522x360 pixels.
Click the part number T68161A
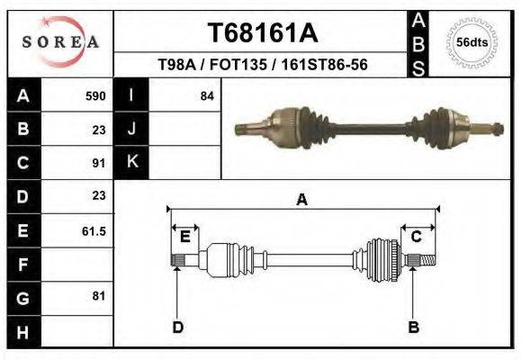point(262,33)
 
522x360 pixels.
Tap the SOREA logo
point(60,41)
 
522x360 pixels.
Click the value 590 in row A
point(95,95)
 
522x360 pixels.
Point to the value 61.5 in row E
point(94,230)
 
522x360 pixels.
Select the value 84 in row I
point(206,95)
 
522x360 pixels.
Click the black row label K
point(131,163)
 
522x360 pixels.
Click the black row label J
point(131,129)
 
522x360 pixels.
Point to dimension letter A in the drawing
point(302,200)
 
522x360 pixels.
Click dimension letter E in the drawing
point(184,237)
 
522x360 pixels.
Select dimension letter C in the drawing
point(417,237)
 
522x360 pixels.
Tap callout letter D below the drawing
point(177,327)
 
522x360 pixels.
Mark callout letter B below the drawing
point(414,327)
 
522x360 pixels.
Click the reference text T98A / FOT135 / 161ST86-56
point(262,65)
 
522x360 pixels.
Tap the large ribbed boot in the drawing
point(382,260)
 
